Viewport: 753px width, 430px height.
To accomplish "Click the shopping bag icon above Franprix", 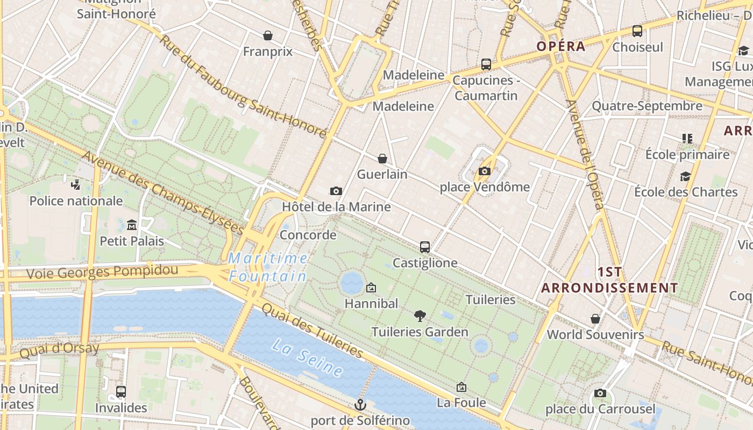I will coord(268,36).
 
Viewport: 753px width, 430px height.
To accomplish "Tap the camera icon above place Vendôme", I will coord(485,171).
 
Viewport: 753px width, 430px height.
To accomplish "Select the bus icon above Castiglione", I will coord(425,247).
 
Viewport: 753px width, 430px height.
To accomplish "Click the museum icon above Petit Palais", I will coord(132,225).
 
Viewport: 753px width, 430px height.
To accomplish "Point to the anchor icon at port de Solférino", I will coord(360,405).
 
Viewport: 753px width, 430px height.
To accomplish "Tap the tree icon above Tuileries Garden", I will coord(420,316).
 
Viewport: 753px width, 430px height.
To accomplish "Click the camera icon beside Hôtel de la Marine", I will coord(336,191).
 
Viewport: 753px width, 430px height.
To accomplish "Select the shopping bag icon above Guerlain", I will coord(382,159).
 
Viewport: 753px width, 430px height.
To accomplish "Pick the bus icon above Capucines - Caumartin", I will coord(486,64).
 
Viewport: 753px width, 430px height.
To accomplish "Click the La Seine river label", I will coord(308,357).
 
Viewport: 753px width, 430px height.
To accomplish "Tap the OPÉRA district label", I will coord(560,46).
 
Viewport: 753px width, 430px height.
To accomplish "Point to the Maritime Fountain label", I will coord(268,267).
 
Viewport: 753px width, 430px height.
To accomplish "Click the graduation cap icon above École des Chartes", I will coord(685,176).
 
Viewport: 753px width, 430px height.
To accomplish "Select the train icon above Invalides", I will coord(121,392).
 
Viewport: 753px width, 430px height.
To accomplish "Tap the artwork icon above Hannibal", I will coord(371,288).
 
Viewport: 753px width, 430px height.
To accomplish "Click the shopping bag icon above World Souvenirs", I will coord(595,319).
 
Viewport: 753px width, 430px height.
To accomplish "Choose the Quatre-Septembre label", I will coord(647,106).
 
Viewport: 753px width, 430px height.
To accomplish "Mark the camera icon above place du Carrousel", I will coord(600,393).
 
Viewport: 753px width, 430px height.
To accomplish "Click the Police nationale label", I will coord(76,201).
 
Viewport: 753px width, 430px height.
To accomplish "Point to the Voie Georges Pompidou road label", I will coord(102,272).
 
